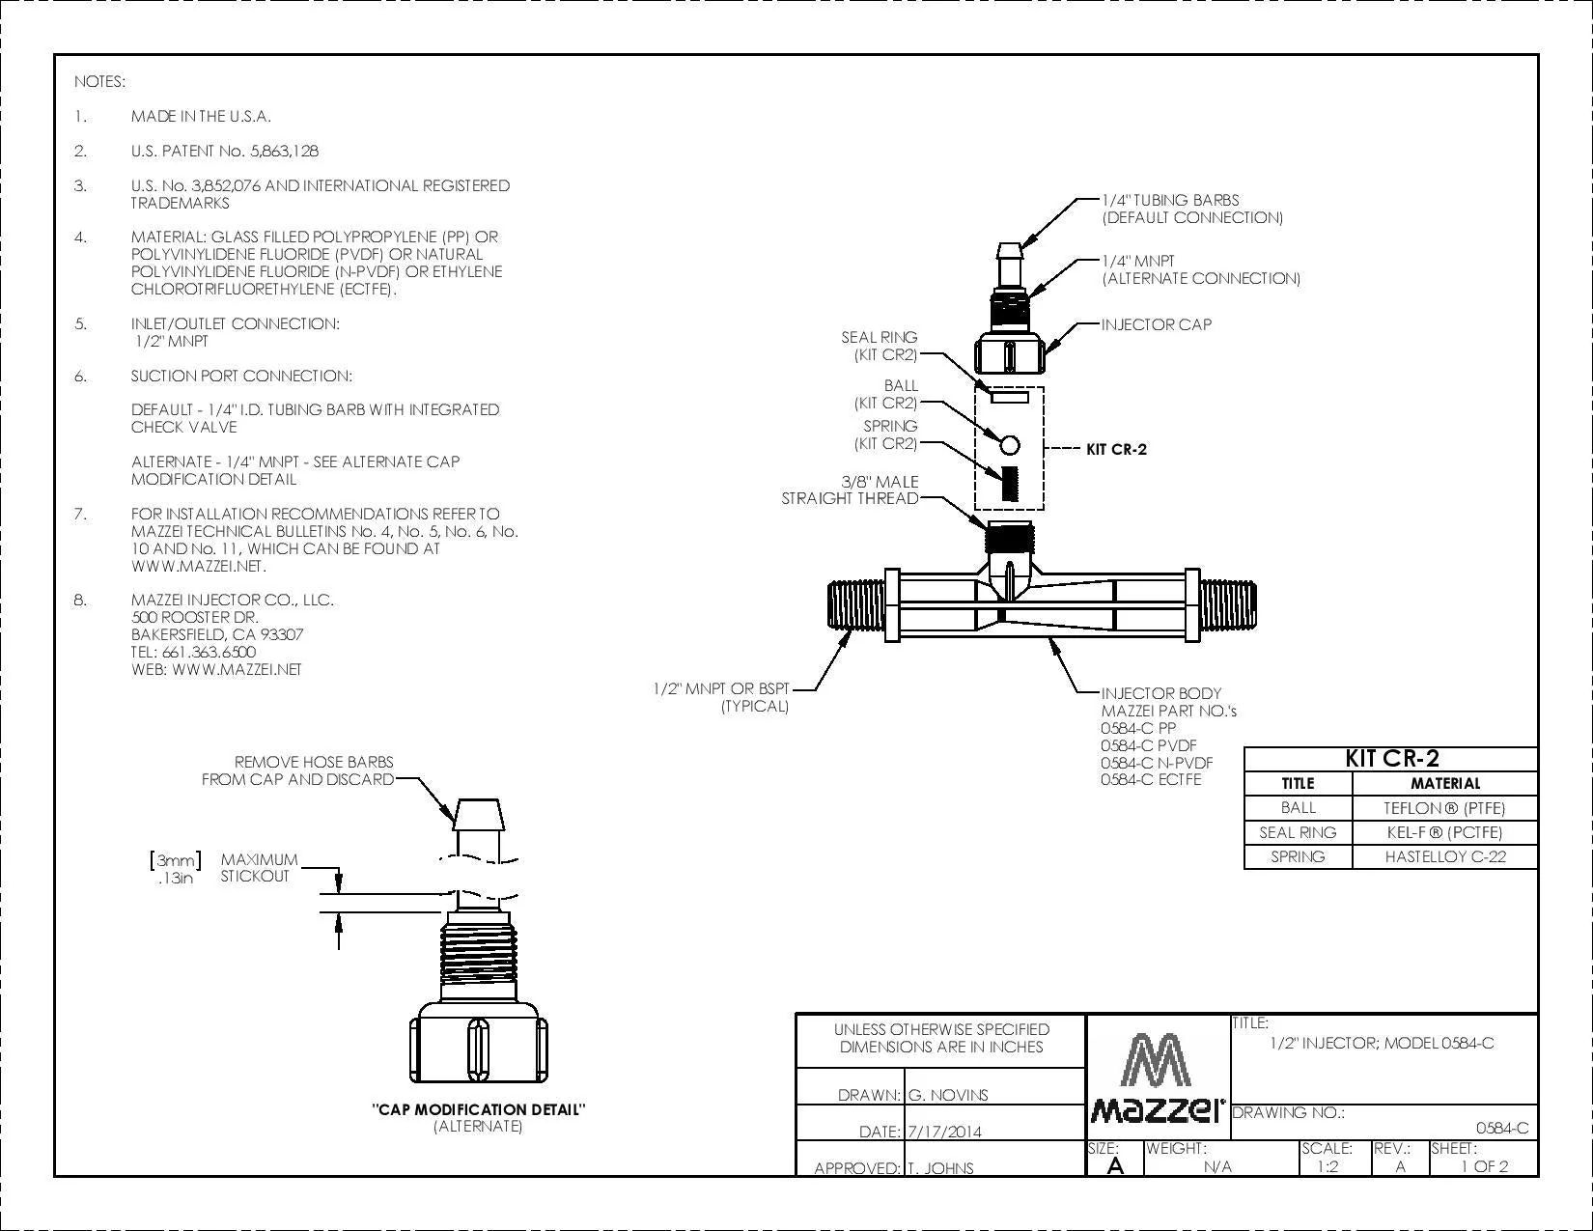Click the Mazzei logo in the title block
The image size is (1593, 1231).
(1157, 1078)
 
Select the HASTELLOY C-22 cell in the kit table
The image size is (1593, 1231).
(1445, 856)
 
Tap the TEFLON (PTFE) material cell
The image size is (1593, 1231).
(1445, 808)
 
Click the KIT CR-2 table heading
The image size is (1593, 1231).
(1391, 758)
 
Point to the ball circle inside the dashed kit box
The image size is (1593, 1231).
(1010, 445)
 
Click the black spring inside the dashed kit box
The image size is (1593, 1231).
(1010, 484)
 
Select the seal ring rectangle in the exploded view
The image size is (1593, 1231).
(1010, 398)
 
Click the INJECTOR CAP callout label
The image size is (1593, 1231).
(1156, 324)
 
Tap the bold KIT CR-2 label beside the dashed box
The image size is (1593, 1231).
(1116, 450)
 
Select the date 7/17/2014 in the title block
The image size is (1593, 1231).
(944, 1132)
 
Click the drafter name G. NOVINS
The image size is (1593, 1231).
(948, 1096)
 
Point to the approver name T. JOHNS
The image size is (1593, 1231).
(940, 1168)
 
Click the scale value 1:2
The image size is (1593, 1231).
(1327, 1166)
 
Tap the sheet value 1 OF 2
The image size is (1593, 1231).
(1485, 1166)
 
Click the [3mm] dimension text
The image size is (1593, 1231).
(175, 860)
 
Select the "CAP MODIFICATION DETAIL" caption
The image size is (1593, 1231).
(478, 1110)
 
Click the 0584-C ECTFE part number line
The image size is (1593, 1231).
(1151, 780)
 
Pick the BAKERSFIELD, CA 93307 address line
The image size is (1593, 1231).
(217, 635)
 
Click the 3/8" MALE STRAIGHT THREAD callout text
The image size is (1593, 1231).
(850, 490)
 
